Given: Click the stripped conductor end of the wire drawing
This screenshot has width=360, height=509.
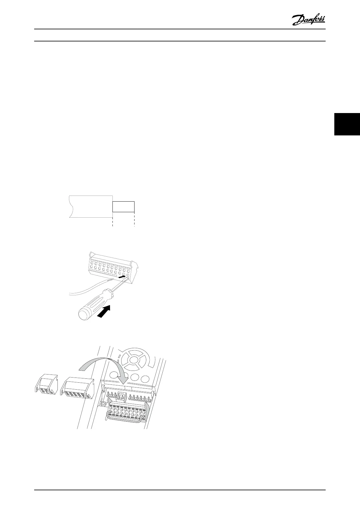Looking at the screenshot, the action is pos(123,207).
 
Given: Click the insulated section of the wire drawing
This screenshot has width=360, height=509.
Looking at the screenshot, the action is pos(90,206).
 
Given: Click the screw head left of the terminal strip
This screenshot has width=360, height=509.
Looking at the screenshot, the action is pos(104,404).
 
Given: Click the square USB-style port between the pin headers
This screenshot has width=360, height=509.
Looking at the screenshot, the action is pos(122,396).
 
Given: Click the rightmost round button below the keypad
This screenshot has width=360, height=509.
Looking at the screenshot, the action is pos(146,378).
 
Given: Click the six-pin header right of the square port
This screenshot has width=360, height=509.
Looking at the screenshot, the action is pos(141,397).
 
